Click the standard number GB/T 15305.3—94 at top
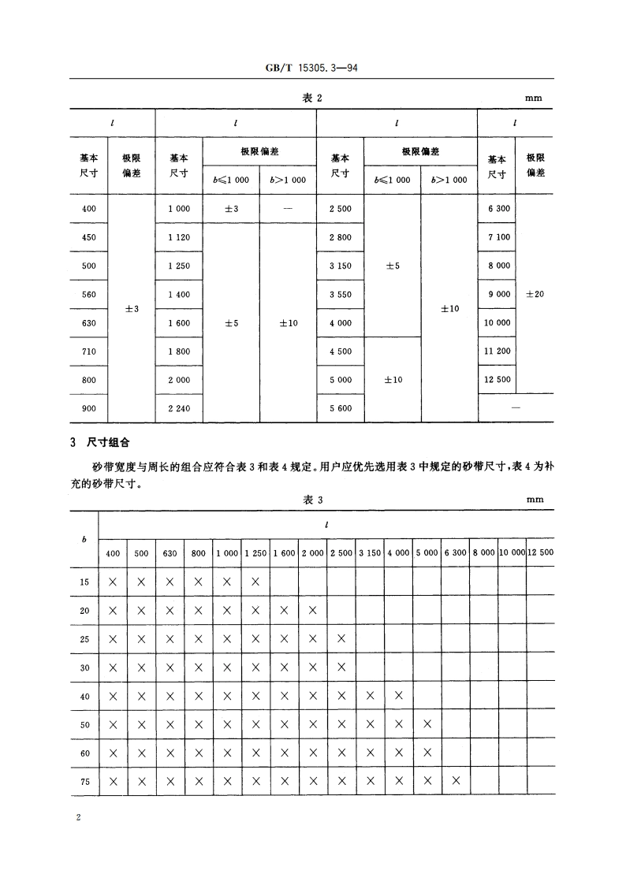pos(313,69)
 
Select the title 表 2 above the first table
pos(313,98)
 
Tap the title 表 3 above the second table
pos(313,500)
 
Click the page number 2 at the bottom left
pos(78,818)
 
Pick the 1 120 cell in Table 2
pos(179,237)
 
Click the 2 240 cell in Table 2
pos(179,408)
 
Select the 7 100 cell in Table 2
pos(498,237)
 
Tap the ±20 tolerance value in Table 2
pos(535,294)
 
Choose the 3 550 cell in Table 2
pos(341,294)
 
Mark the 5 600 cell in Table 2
pos(341,408)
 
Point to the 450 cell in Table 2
pos(88,237)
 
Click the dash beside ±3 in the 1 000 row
pos(288,208)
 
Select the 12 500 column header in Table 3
pos(540,553)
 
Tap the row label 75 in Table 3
pos(84,782)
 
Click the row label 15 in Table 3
pos(84,582)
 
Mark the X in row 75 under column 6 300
pos(456,782)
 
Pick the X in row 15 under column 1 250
pos(255,582)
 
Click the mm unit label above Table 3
pos(535,500)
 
